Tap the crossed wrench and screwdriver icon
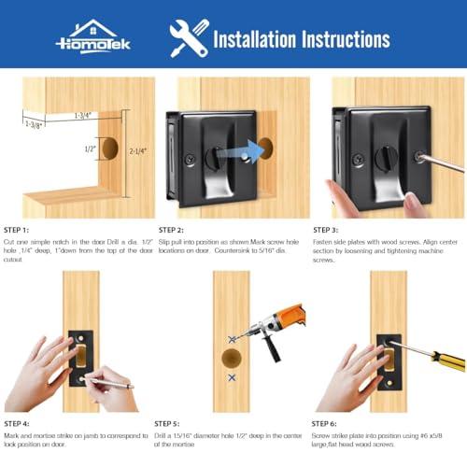click(x=189, y=37)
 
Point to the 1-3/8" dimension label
click(x=35, y=122)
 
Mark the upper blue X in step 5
click(x=232, y=339)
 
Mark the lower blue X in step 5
click(x=232, y=378)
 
